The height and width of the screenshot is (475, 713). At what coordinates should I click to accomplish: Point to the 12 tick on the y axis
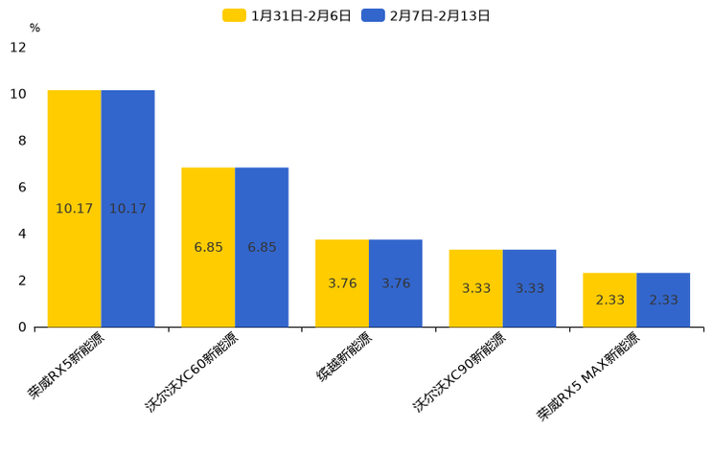tap(18, 47)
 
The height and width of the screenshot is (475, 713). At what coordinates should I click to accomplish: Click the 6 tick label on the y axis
tap(22, 188)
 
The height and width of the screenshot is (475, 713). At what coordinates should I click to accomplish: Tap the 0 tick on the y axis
tap(22, 328)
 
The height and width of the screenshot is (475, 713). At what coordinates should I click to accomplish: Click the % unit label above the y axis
tap(34, 29)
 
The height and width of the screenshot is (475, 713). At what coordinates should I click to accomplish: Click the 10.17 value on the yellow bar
tap(74, 209)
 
